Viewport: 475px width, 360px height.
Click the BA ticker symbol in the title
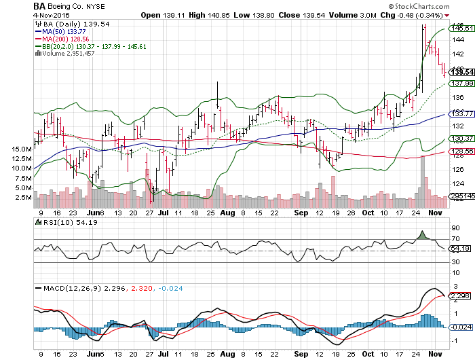tap(41, 5)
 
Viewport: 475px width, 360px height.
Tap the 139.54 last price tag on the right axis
tap(461, 72)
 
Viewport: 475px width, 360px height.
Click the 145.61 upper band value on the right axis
tap(461, 29)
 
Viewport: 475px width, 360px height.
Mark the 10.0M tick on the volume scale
tap(22, 168)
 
